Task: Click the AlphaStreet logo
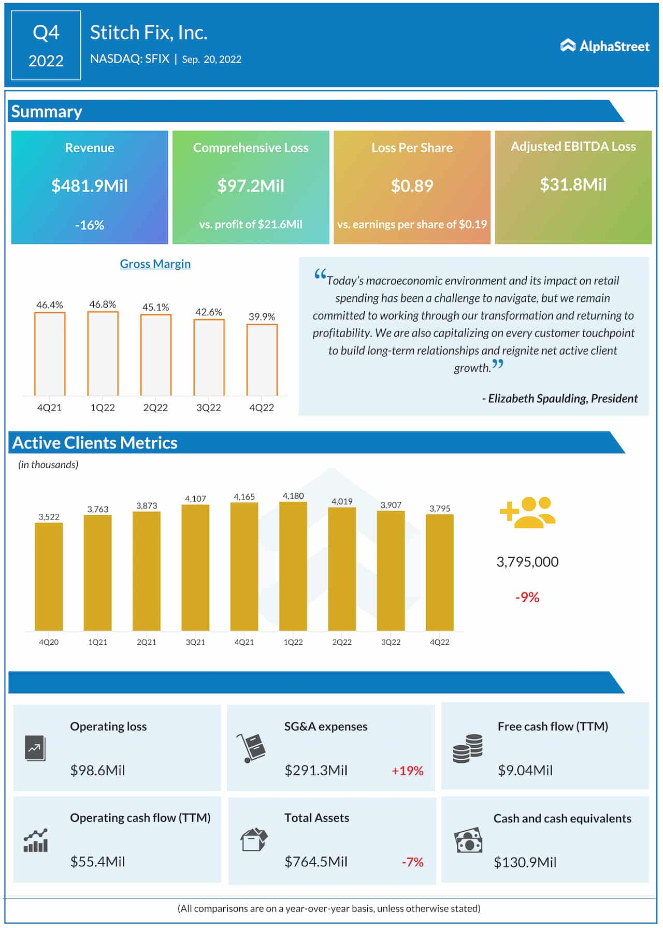tap(604, 46)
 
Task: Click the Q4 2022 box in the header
tap(46, 46)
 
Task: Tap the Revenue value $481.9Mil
tap(90, 185)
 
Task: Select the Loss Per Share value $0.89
tap(412, 185)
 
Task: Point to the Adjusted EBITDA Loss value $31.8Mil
tap(573, 184)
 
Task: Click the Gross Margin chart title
tap(155, 264)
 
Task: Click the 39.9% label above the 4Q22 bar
tap(262, 316)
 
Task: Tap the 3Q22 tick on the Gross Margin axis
tap(209, 408)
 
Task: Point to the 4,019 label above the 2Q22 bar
tap(342, 501)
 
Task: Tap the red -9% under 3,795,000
tap(527, 597)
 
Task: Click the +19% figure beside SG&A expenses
tap(407, 771)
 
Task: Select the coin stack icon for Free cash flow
tap(468, 748)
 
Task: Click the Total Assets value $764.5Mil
tap(316, 862)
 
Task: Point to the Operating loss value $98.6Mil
tap(98, 770)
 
